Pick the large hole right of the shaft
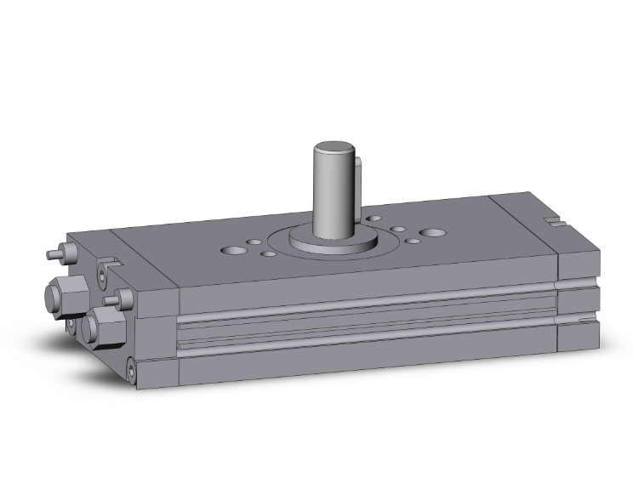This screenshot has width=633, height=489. click(x=433, y=232)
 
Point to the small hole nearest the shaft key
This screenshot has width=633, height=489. click(x=374, y=219)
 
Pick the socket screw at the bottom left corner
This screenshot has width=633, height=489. click(x=130, y=369)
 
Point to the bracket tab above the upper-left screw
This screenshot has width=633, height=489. click(x=110, y=264)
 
